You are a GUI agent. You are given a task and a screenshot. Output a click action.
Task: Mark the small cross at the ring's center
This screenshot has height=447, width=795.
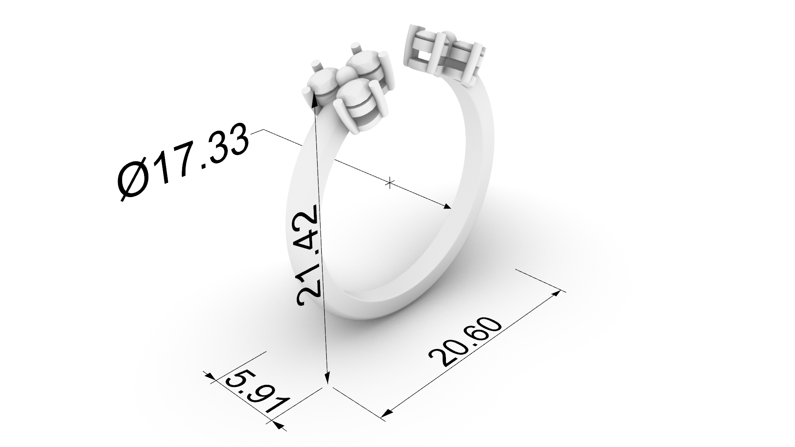pyautogui.click(x=390, y=182)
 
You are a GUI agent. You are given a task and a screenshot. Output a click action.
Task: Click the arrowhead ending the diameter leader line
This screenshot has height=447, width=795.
pyautogui.click(x=448, y=207)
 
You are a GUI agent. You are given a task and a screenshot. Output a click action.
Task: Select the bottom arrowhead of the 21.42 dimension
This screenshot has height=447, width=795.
pyautogui.click(x=327, y=380)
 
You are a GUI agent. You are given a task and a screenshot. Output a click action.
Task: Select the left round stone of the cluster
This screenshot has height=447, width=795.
pyautogui.click(x=324, y=82)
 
